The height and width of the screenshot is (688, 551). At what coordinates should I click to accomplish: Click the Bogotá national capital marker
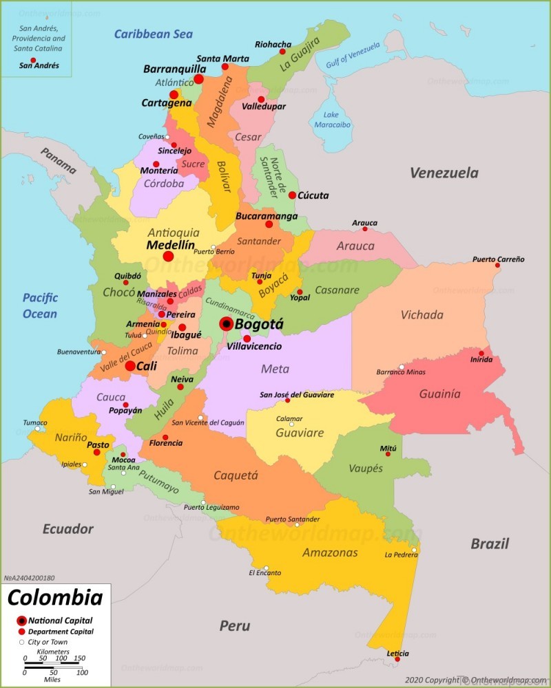(226, 324)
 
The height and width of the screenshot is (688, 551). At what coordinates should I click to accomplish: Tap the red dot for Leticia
(397, 659)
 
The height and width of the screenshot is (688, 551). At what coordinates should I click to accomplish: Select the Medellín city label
(170, 245)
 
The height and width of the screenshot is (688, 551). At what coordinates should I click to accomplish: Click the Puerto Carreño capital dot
(497, 266)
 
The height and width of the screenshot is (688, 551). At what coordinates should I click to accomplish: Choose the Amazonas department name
(330, 552)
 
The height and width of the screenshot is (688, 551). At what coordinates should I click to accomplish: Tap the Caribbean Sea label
(153, 34)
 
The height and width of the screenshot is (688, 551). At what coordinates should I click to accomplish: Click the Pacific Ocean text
(39, 306)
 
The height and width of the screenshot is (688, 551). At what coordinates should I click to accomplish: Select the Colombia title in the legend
(54, 597)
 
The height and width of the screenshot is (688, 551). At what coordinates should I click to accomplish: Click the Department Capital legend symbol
(21, 632)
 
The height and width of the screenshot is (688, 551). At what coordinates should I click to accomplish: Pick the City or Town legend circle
(21, 642)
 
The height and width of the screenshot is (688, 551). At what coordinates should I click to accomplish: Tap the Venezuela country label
(444, 173)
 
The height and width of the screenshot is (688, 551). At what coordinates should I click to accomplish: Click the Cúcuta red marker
(292, 195)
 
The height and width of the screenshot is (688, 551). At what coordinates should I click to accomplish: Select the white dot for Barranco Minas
(402, 367)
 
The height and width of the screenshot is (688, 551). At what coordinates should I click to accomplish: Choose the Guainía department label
(439, 394)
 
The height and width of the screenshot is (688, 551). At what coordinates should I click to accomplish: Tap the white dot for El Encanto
(266, 568)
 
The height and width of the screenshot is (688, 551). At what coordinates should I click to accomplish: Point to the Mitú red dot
(388, 454)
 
